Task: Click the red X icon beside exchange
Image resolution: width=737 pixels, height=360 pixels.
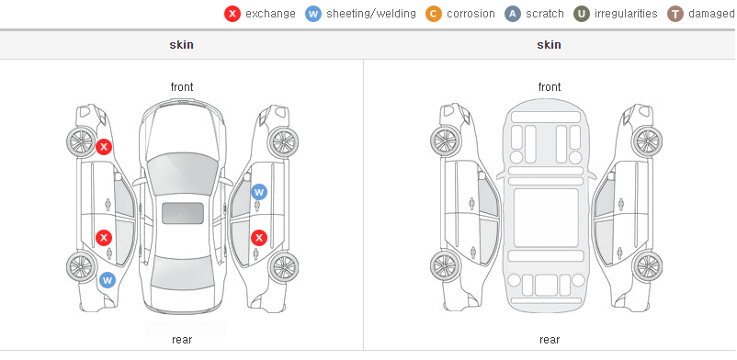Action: click(232, 14)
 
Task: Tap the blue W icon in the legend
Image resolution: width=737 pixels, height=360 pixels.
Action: click(313, 14)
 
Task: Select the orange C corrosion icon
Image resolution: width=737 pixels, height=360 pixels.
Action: click(434, 14)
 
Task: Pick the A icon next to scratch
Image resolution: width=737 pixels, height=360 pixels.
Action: click(513, 14)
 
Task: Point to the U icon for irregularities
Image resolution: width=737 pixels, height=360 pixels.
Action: click(582, 14)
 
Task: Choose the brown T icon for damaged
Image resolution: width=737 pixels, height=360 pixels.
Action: click(675, 14)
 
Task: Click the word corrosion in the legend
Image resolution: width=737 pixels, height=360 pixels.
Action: click(471, 14)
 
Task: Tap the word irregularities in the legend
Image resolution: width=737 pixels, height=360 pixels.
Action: click(626, 14)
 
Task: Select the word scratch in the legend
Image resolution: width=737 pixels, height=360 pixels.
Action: click(545, 14)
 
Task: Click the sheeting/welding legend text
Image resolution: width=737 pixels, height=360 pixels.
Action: click(371, 14)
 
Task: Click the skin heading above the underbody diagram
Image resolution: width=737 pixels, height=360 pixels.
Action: click(549, 45)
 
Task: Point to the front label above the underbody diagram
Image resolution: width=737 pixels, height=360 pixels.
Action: click(550, 87)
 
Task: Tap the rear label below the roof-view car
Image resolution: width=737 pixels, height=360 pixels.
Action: click(182, 340)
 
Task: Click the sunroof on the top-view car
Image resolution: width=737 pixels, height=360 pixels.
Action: click(183, 213)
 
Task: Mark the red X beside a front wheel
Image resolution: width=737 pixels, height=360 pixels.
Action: click(104, 147)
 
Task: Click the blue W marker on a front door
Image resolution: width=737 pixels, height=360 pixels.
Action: click(259, 192)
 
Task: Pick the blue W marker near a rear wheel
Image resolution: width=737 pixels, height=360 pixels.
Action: click(108, 281)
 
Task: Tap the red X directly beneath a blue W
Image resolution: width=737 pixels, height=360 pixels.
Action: click(259, 238)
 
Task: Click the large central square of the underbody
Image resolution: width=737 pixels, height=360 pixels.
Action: click(546, 218)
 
